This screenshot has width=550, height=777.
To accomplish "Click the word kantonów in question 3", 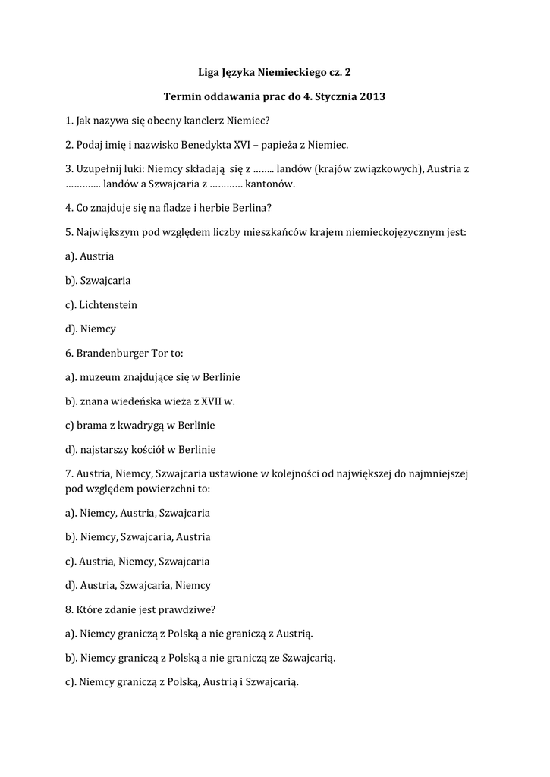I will (x=272, y=184).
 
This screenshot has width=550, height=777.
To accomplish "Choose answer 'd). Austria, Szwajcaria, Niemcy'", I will (x=138, y=585).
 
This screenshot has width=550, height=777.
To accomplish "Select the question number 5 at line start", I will (x=69, y=232).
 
